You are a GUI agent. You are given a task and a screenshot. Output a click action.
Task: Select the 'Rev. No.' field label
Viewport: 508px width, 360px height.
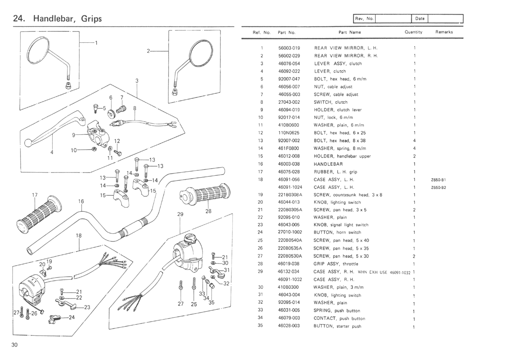click(364, 18)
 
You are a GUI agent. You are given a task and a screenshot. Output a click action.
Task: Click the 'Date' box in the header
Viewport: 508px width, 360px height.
click(420, 18)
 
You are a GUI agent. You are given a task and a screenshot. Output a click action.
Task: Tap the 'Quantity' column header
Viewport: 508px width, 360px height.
click(413, 32)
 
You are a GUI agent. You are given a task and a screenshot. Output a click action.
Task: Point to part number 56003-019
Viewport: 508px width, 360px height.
click(289, 48)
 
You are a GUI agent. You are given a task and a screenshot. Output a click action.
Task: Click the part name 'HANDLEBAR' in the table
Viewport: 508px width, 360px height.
click(328, 164)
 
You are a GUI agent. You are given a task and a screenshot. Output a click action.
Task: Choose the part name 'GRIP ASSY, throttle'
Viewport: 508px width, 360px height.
click(336, 264)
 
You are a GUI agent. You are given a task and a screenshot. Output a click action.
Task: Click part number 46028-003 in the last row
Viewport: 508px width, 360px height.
click(289, 326)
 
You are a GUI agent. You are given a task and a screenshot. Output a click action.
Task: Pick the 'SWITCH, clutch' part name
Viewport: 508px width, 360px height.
click(331, 102)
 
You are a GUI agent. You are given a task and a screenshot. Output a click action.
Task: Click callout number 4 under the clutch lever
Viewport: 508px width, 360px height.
click(52, 152)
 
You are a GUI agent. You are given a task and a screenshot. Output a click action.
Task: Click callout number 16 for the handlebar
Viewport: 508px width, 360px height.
click(81, 201)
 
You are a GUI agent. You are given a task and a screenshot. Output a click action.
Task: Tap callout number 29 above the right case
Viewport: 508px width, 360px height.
click(180, 214)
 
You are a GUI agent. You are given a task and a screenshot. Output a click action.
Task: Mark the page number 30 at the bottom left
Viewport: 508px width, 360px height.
click(15, 345)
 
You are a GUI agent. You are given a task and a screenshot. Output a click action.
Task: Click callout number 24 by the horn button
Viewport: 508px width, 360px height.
click(72, 317)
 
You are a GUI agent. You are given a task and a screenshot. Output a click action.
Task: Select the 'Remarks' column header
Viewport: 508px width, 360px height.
click(444, 32)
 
